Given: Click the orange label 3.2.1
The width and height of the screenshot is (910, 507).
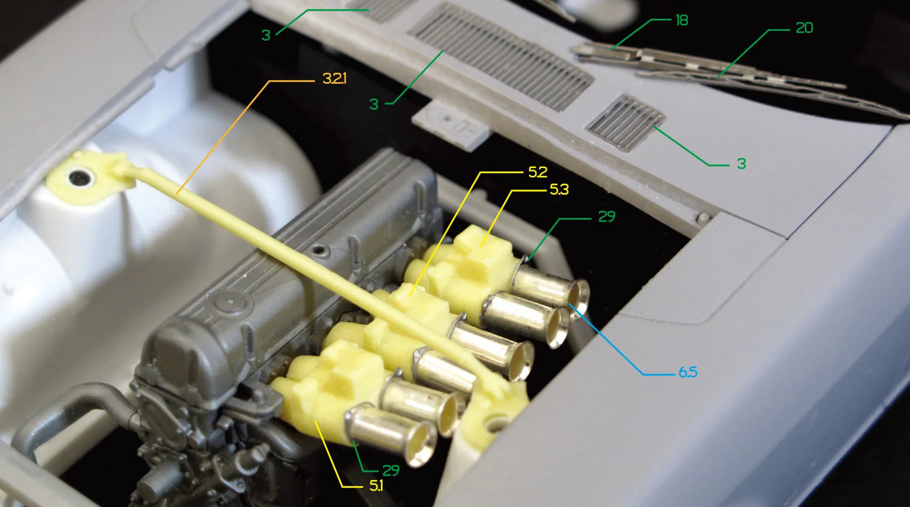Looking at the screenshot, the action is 334,79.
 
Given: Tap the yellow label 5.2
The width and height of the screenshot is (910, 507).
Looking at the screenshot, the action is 537,173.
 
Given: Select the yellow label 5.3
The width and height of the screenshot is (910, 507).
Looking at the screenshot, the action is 559,190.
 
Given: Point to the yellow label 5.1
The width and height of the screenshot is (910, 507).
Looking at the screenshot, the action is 376,486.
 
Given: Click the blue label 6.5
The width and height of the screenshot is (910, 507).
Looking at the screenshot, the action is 688,372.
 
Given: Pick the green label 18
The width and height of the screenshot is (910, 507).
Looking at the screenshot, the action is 681,20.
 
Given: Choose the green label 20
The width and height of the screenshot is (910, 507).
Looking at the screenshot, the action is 804,28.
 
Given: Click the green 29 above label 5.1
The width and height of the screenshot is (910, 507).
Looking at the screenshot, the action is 391,470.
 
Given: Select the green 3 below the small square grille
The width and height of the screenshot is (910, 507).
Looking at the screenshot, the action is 741,164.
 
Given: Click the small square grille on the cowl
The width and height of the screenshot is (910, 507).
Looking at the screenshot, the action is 625,122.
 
